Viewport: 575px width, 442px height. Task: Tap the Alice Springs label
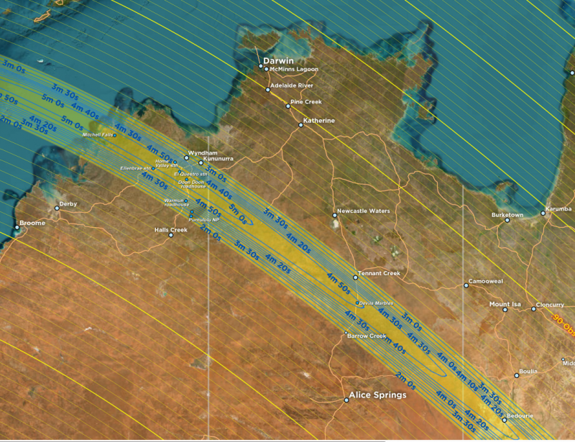tap(377, 395)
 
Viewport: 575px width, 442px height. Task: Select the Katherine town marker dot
tap(301, 125)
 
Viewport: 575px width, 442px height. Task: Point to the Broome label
tap(32, 223)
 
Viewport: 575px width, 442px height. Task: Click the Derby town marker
tap(57, 208)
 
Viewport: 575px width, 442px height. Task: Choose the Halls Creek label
tap(170, 230)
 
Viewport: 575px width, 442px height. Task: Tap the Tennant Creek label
tap(380, 273)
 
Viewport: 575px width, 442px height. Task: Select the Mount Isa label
tap(505, 305)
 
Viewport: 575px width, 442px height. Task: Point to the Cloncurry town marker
tap(533, 309)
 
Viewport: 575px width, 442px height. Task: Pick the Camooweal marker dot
tap(466, 285)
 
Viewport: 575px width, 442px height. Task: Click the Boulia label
tap(528, 372)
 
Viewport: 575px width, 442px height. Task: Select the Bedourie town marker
tap(504, 420)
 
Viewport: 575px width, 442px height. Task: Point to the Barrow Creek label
tap(367, 336)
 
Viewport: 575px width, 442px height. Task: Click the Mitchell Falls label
tap(97, 134)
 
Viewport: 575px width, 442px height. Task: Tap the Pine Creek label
tap(305, 102)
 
